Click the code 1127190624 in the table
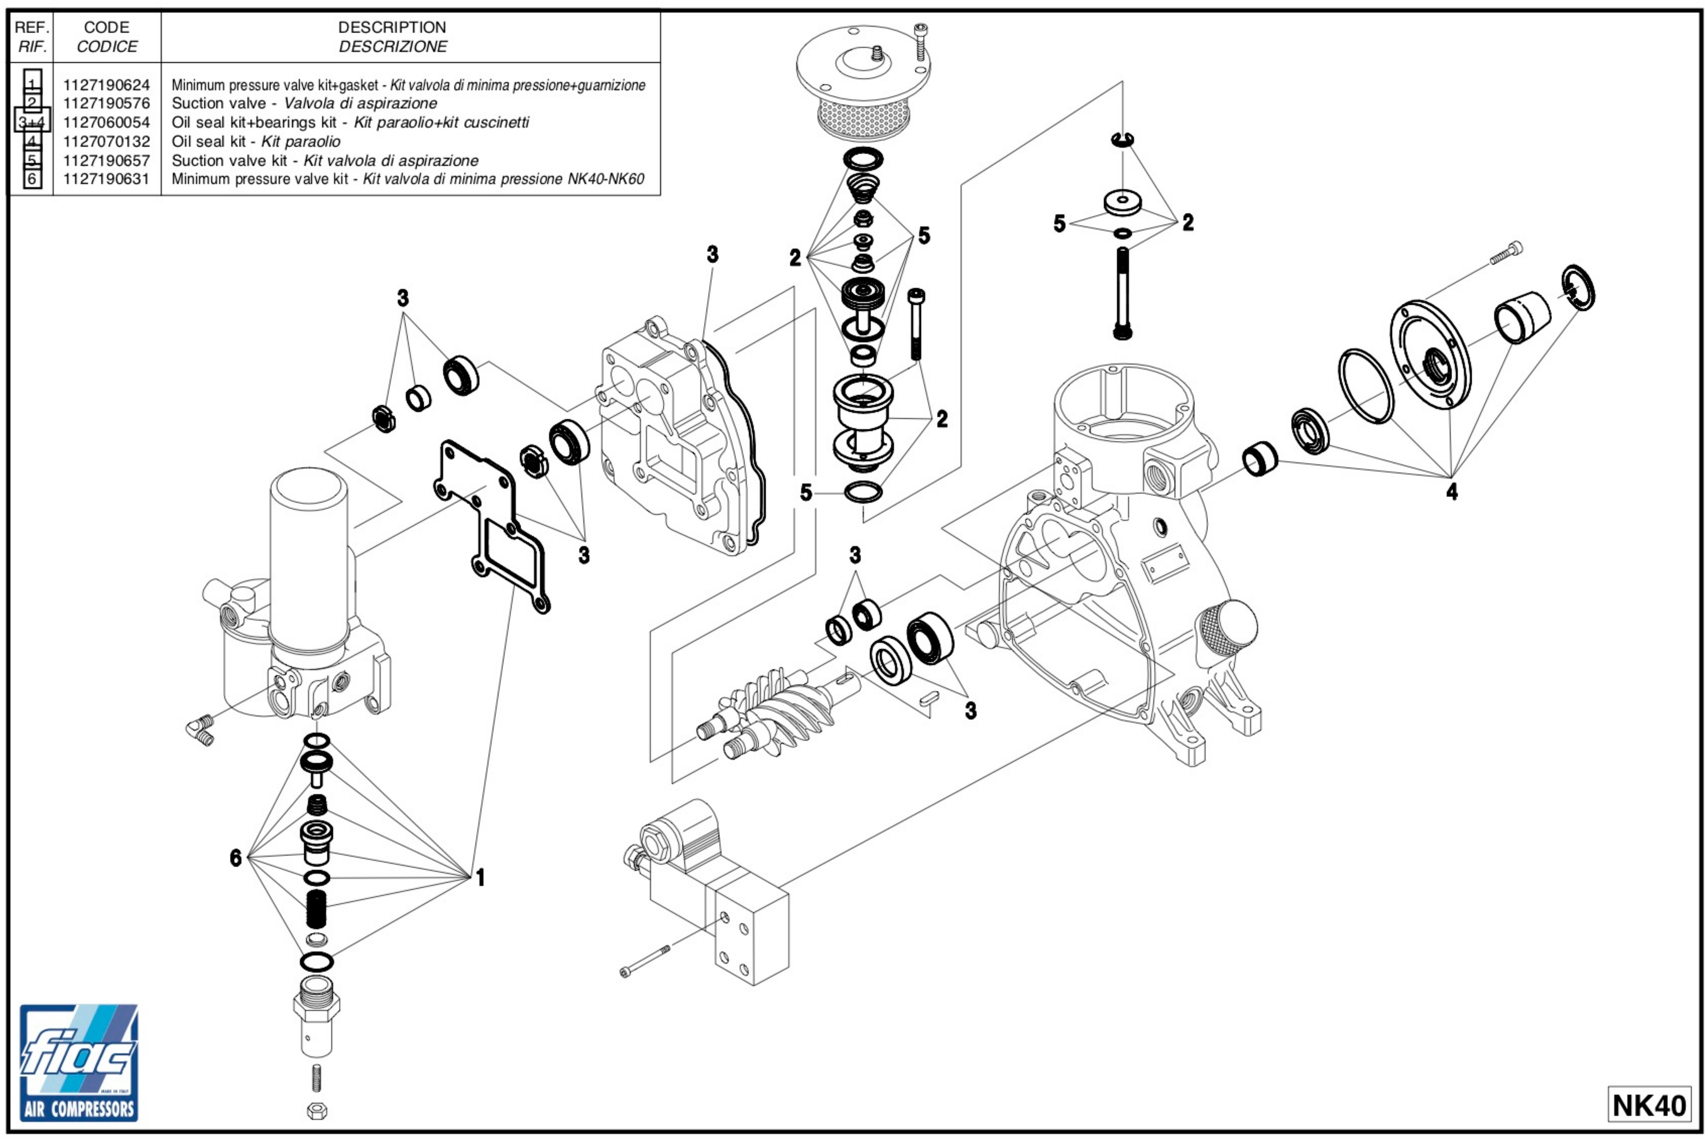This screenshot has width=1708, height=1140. [106, 85]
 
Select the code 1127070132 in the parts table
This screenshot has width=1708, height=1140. [106, 142]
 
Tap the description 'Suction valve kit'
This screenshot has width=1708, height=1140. [229, 161]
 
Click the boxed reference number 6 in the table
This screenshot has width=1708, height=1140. [32, 179]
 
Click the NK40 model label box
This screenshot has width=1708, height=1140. [1648, 1105]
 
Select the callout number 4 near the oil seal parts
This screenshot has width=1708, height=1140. [1451, 492]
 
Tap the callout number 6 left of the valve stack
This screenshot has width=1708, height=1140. [236, 858]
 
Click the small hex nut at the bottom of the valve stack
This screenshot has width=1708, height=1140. [317, 1111]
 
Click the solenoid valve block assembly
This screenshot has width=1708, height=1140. [713, 894]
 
